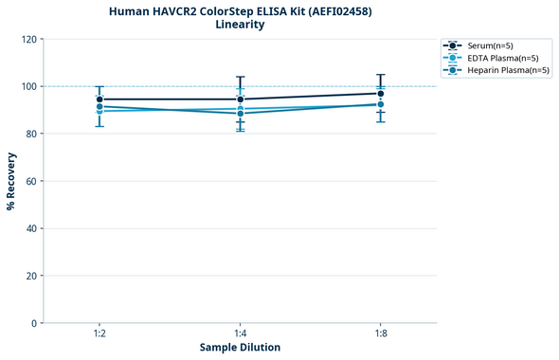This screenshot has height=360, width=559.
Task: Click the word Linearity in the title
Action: [x=240, y=25]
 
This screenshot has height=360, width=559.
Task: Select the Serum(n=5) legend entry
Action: [x=489, y=45]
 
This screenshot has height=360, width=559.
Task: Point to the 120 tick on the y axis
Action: [x=29, y=39]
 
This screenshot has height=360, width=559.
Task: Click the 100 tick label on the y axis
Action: [x=29, y=86]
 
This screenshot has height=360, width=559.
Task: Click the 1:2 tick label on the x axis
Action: [x=99, y=334]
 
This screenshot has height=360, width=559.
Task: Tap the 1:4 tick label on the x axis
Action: [x=240, y=334]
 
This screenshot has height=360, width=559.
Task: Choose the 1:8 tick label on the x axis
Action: [x=380, y=334]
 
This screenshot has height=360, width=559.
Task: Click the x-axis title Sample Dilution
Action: [x=240, y=348]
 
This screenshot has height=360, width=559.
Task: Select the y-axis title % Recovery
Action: [x=11, y=181]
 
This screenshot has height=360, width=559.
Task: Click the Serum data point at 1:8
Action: [x=380, y=93]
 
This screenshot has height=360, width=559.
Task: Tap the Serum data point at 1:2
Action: [x=99, y=99]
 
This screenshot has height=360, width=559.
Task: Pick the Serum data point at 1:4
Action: [x=240, y=99]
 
